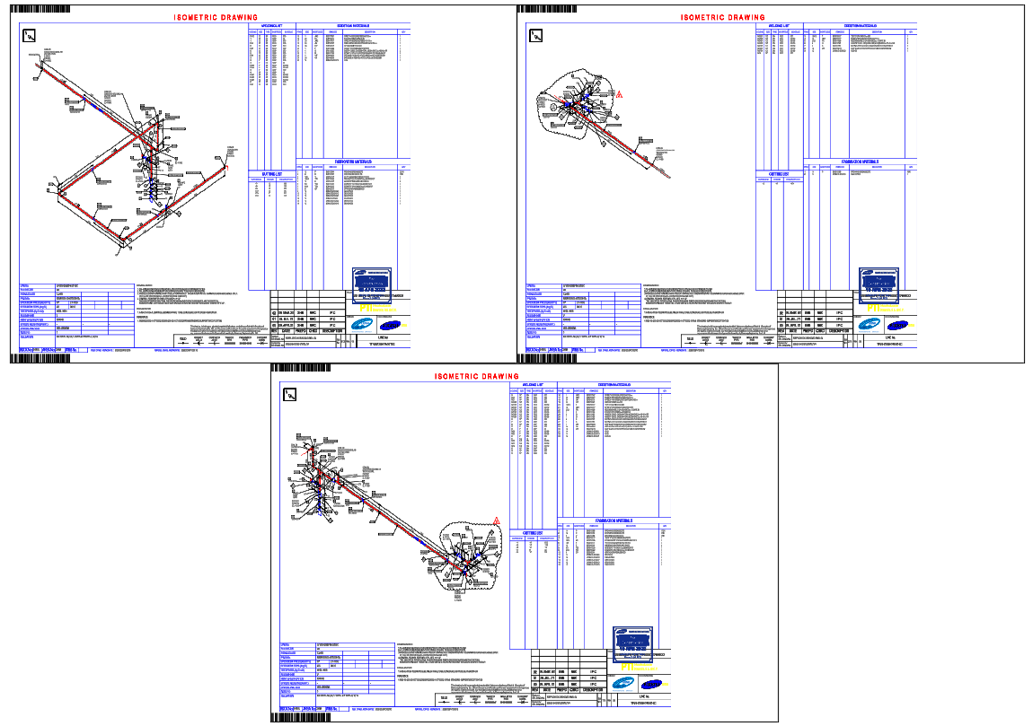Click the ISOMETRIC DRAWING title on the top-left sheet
pos(216,17)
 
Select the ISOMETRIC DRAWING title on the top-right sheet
pos(722,17)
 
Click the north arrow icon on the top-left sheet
pos(29,36)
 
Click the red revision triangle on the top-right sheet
pos(618,95)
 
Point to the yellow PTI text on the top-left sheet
pos(365,307)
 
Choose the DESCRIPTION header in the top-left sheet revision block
pos(332,331)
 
